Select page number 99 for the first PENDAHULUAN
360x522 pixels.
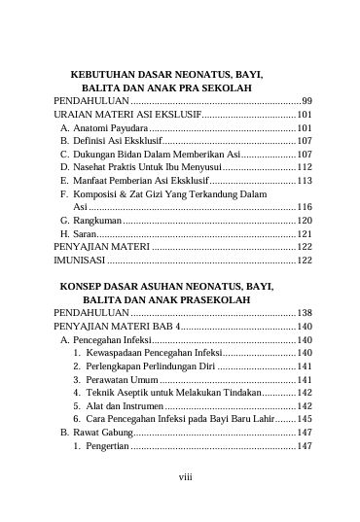[306, 101]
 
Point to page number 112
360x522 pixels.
[304, 167]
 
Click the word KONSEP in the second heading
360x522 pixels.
[87, 288]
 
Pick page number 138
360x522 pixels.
[304, 313]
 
